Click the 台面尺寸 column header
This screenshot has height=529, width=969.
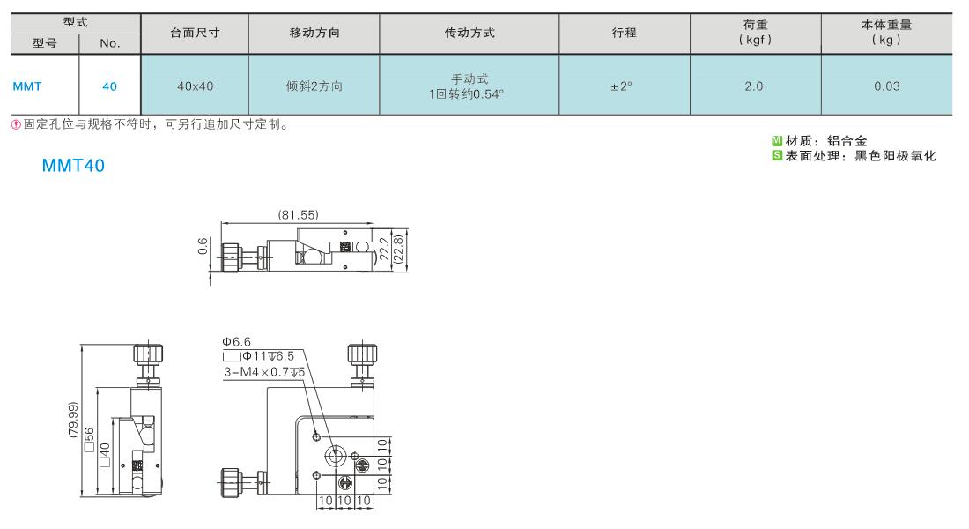pyautogui.click(x=195, y=33)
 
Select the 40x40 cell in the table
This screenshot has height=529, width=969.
pyautogui.click(x=196, y=86)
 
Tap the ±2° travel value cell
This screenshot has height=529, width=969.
pyautogui.click(x=622, y=86)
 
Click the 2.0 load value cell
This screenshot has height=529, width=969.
pyautogui.click(x=754, y=86)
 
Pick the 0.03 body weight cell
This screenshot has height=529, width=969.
pyautogui.click(x=887, y=86)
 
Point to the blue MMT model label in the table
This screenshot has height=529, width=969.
pyautogui.click(x=27, y=86)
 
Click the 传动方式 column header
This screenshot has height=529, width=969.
pyautogui.click(x=470, y=33)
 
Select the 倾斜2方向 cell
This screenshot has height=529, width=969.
pyautogui.click(x=314, y=86)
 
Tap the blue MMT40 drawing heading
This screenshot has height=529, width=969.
pyautogui.click(x=73, y=166)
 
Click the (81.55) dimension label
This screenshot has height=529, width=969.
pyautogui.click(x=299, y=215)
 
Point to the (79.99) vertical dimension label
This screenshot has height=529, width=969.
pyautogui.click(x=73, y=420)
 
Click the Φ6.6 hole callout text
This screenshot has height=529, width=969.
pyautogui.click(x=237, y=341)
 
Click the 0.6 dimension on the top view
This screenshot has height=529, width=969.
pyautogui.click(x=203, y=246)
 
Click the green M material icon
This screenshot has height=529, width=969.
pyautogui.click(x=777, y=140)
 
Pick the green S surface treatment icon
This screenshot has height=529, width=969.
pyautogui.click(x=777, y=155)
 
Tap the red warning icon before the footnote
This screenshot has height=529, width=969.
pyautogui.click(x=16, y=124)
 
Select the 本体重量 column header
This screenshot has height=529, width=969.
pyautogui.click(x=887, y=25)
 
